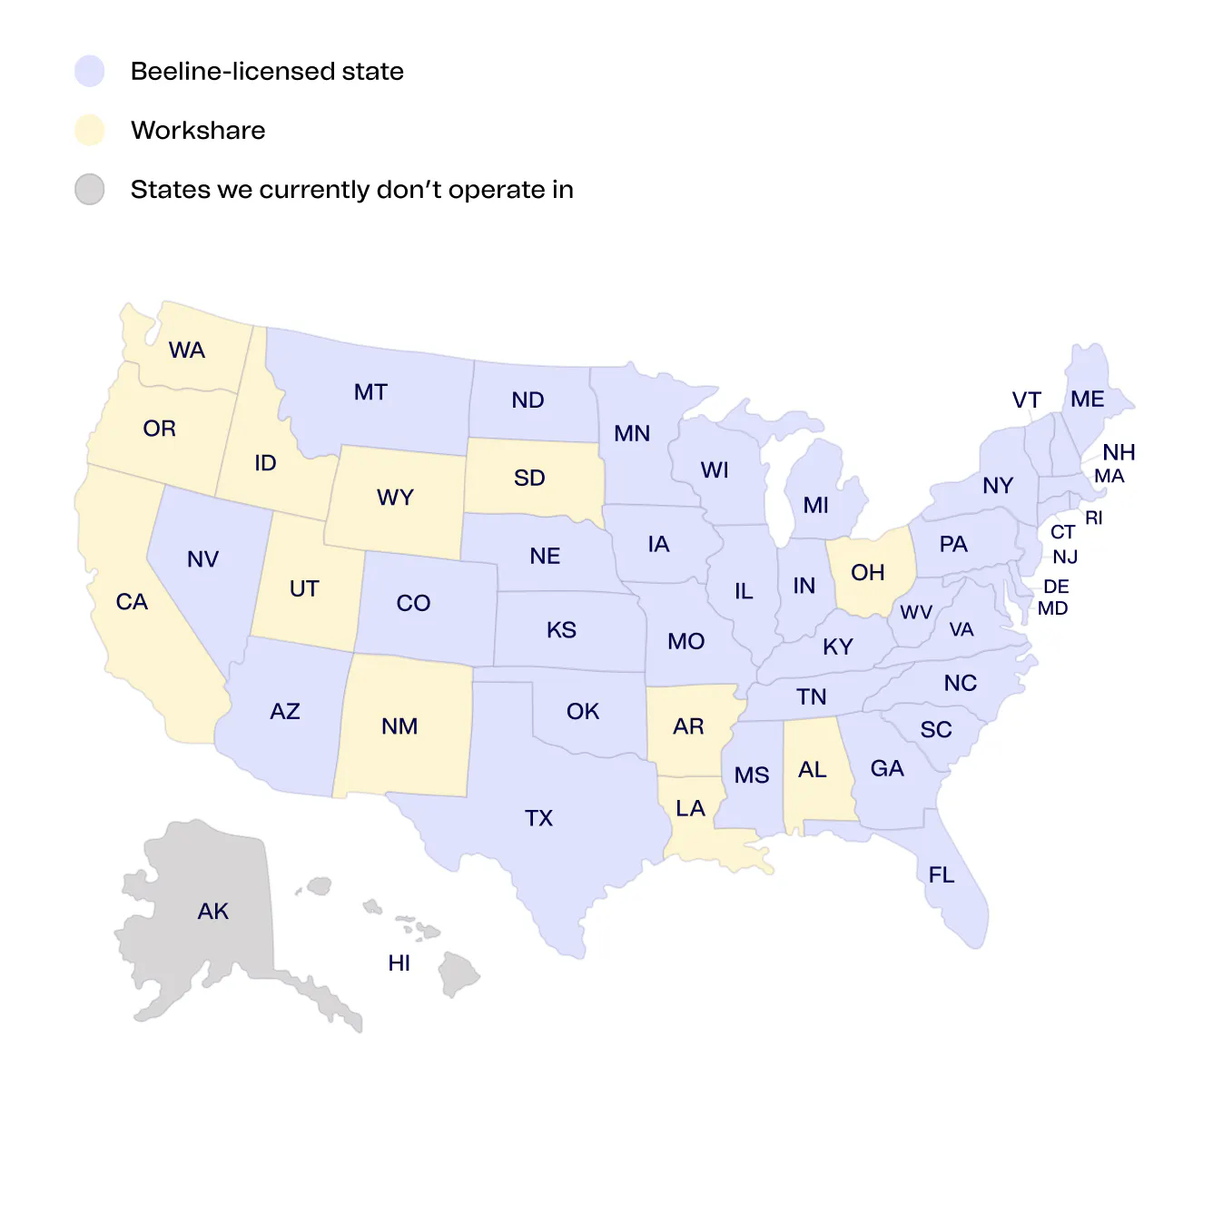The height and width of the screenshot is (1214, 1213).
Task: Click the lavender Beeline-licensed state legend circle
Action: [90, 71]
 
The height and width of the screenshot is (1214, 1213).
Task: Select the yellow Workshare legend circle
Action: [90, 130]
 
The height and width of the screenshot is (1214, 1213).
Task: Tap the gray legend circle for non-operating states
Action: [90, 190]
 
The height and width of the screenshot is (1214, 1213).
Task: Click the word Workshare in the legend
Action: [198, 130]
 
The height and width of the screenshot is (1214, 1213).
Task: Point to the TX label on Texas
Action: [538, 818]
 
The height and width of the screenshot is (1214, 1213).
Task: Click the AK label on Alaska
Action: [213, 911]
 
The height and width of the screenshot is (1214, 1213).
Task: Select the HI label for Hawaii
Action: [399, 963]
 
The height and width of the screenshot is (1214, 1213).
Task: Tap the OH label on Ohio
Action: [867, 572]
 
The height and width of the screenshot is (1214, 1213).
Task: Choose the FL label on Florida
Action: [942, 874]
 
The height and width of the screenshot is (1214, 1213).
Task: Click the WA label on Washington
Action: [187, 350]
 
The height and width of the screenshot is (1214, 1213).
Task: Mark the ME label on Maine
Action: [1087, 400]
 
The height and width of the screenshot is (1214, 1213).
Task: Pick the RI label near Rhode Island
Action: [1094, 518]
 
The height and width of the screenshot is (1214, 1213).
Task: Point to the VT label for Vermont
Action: [1027, 400]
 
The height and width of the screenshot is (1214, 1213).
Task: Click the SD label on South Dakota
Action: [529, 478]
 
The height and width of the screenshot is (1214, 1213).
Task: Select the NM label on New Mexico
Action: [399, 726]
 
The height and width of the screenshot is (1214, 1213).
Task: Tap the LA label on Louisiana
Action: [690, 808]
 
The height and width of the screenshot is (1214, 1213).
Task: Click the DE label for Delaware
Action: [1056, 587]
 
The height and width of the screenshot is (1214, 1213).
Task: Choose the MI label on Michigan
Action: [816, 505]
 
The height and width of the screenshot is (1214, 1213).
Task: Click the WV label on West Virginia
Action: [916, 612]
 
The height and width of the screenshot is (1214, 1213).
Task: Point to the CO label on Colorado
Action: [413, 603]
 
